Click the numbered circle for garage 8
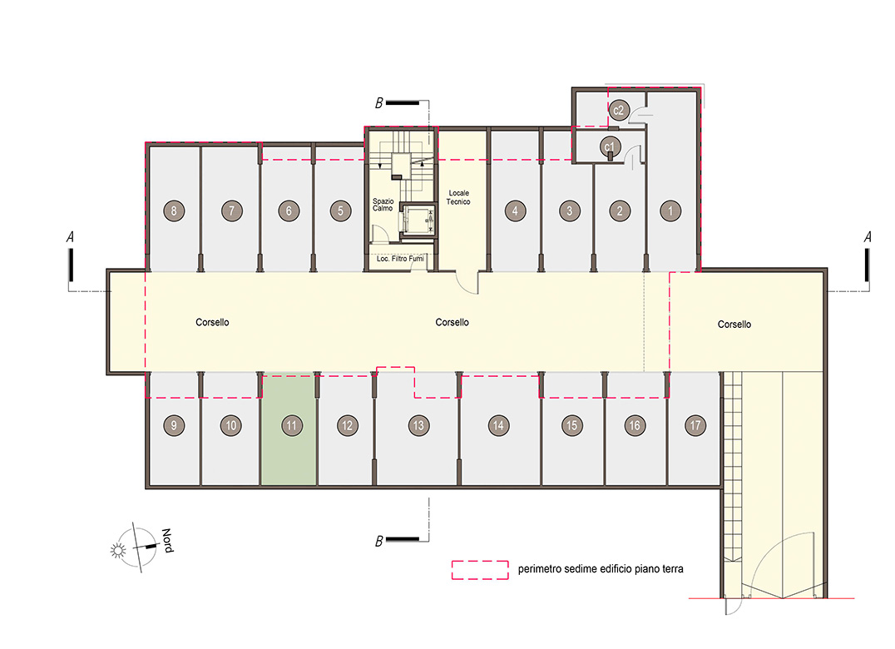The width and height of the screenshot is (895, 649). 174,211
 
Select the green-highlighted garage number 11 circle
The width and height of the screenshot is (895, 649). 292,425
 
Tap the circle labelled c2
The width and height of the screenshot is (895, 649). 619,110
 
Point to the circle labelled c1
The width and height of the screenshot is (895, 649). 610,146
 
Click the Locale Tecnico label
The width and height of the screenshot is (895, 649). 458,197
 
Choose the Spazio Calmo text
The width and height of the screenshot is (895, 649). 383,205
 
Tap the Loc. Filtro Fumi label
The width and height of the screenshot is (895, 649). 400,259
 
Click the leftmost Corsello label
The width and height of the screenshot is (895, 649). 212,323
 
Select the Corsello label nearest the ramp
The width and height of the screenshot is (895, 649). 734,324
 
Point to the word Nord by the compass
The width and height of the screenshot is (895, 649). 167,541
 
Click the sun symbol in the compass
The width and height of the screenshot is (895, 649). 118,550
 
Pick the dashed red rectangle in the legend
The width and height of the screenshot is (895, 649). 480,570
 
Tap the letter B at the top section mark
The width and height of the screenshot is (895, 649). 378,103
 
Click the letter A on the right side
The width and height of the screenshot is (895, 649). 868,237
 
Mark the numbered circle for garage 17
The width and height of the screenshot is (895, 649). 695,425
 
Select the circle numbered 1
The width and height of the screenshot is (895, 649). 670,211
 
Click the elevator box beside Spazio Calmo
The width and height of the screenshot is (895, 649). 418,220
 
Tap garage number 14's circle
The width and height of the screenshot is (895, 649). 498,425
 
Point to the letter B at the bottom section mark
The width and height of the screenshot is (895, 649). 378,541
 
